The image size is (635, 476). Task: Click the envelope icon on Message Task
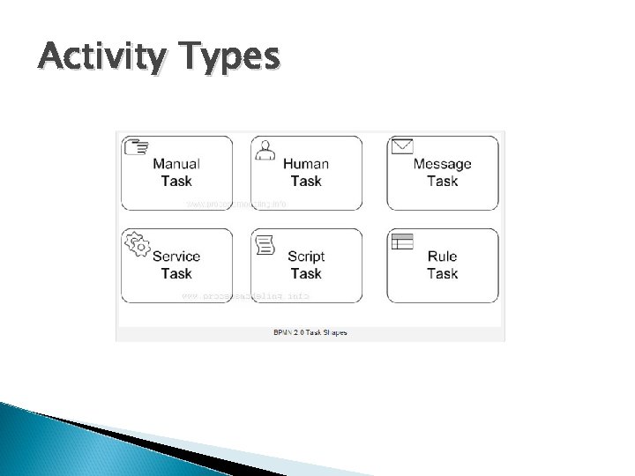pyautogui.click(x=402, y=145)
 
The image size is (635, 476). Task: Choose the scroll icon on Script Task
pyautogui.click(x=265, y=245)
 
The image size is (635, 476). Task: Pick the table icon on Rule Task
pyautogui.click(x=402, y=241)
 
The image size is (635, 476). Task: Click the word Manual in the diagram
pyautogui.click(x=176, y=163)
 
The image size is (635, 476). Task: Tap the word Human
pyautogui.click(x=306, y=163)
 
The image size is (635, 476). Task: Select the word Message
pyautogui.click(x=442, y=163)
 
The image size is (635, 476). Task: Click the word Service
pyautogui.click(x=176, y=257)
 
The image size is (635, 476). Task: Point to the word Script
pyautogui.click(x=306, y=257)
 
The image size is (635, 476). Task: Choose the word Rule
pyautogui.click(x=442, y=257)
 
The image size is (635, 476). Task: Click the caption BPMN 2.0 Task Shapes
pyautogui.click(x=310, y=332)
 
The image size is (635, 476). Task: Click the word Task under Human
pyautogui.click(x=306, y=181)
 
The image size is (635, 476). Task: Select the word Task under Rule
pyautogui.click(x=442, y=273)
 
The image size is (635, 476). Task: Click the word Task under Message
pyautogui.click(x=442, y=181)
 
